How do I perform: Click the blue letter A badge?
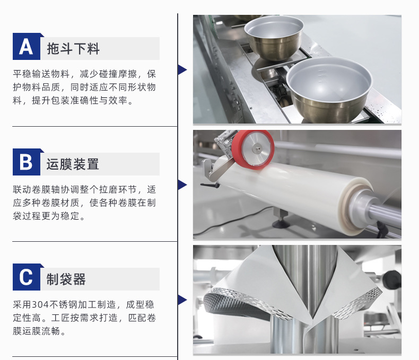[x=27, y=47]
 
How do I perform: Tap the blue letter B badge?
[x=27, y=162]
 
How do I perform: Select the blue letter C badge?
[x=27, y=277]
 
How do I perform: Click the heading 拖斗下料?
[x=73, y=49]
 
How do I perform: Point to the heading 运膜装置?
[x=73, y=164]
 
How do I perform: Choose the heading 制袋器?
[x=66, y=279]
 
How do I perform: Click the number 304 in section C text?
[x=40, y=305]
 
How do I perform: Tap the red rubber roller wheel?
[x=253, y=150]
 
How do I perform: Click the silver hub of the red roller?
[x=257, y=148]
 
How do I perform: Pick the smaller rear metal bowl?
[x=274, y=38]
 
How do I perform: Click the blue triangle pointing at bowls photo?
[x=182, y=69]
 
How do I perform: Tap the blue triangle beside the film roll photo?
[x=182, y=185]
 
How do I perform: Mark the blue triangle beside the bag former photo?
[x=182, y=300]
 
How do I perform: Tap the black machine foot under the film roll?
[x=281, y=224]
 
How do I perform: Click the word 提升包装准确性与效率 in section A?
[x=80, y=101]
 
